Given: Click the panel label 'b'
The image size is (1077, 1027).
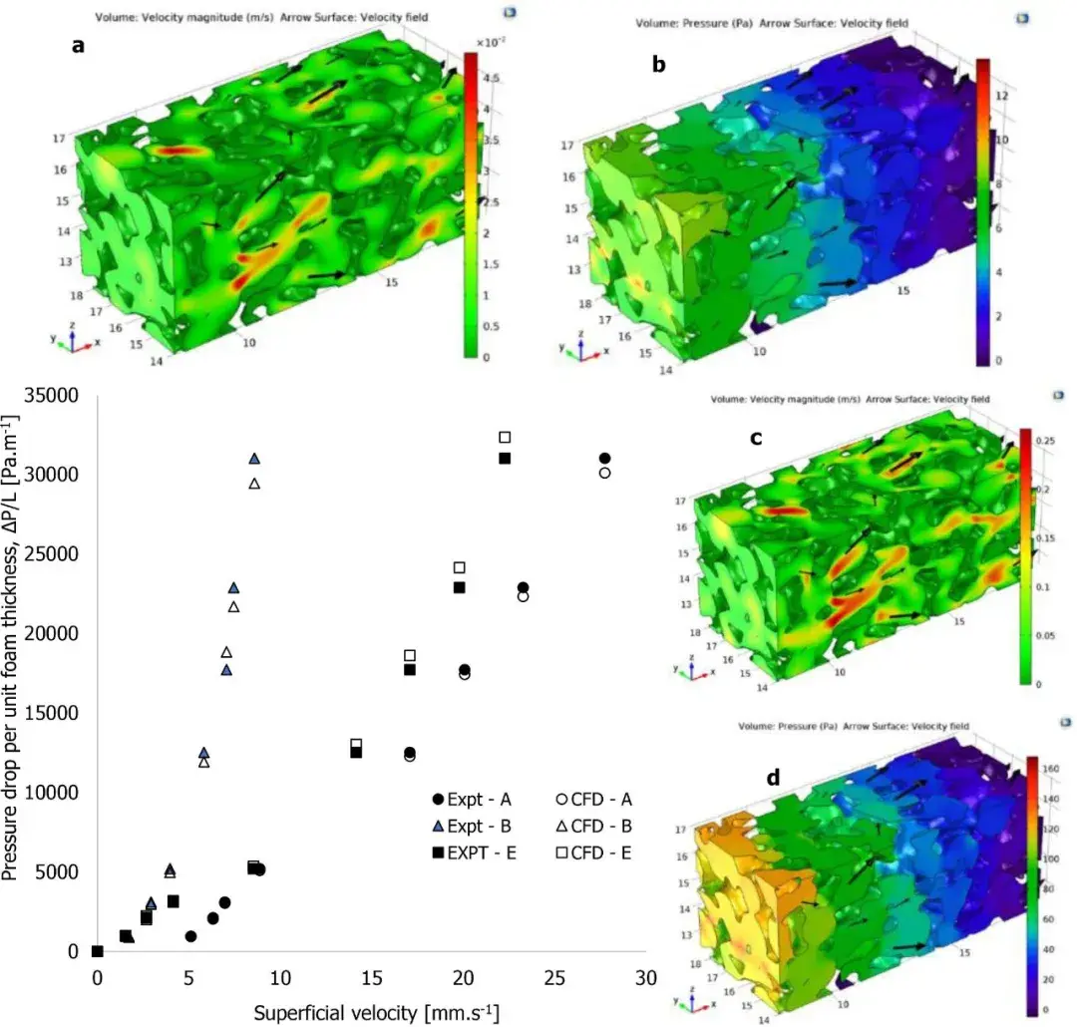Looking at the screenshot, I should click(658, 64).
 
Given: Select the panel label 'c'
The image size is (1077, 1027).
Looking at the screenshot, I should click(757, 436).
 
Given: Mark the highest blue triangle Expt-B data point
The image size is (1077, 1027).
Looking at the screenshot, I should click(254, 459).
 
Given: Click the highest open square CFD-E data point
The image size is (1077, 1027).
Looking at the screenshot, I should click(505, 437).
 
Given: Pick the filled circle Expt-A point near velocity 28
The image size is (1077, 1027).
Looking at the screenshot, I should click(604, 459).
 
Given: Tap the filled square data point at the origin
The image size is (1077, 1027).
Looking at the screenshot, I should click(97, 951).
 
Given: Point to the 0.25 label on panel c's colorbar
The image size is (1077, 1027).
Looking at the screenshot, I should click(1052, 440).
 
